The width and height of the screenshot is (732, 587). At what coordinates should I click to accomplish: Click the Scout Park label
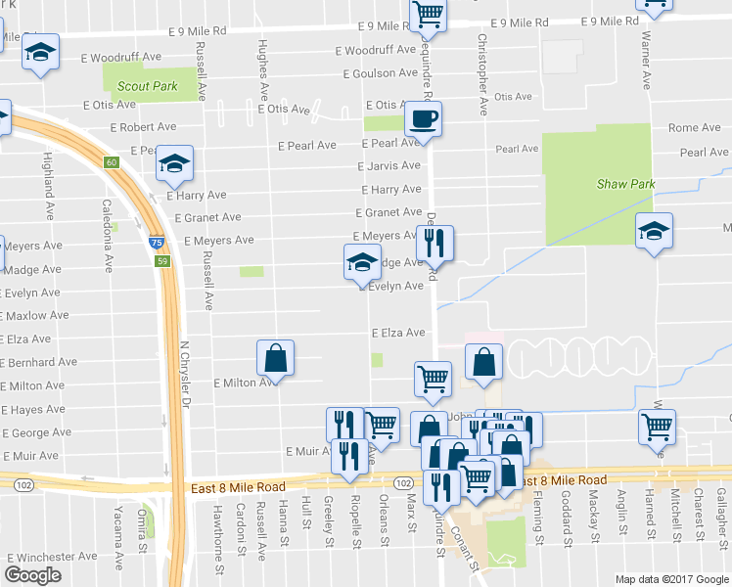point(148,86)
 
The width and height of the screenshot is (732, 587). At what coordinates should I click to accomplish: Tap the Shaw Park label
point(625,184)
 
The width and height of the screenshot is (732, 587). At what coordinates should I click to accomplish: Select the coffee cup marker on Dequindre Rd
point(423,119)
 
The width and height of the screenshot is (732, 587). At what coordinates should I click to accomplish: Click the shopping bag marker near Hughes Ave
point(275,359)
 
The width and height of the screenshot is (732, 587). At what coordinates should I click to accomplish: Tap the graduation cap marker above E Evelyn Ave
point(361,262)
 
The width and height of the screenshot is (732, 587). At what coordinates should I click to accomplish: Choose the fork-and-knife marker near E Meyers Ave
point(436,244)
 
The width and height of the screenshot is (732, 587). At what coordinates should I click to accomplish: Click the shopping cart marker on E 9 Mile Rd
point(428,15)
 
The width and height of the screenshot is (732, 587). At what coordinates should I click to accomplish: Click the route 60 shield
point(112,162)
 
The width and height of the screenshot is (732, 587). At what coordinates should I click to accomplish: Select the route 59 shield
point(164,261)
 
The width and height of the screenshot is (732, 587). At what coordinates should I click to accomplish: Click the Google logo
point(32,575)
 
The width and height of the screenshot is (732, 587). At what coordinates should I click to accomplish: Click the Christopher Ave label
point(482,74)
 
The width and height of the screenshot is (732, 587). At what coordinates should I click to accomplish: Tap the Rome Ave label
point(694,128)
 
